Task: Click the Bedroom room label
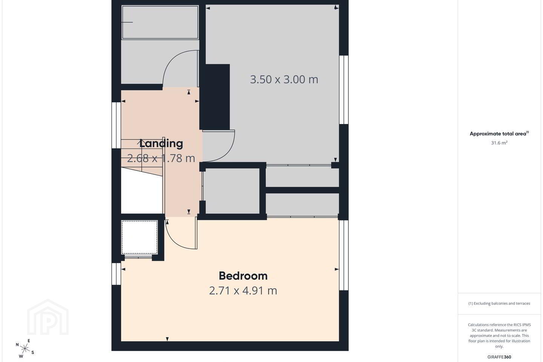[243, 276]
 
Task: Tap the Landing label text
[161, 144]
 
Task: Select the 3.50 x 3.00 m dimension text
[284, 80]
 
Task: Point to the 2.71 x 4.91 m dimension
[243, 290]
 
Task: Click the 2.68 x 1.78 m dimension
[161, 158]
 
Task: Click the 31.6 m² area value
[499, 143]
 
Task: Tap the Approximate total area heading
[499, 133]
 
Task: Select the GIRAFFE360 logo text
[499, 357]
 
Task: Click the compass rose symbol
[25, 349]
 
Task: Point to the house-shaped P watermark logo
[48, 318]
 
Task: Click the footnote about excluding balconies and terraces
[499, 303]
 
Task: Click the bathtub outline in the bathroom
[160, 22]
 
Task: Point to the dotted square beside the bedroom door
[140, 237]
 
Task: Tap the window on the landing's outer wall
[117, 125]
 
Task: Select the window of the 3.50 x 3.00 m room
[344, 90]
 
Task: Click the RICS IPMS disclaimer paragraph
[499, 336]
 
